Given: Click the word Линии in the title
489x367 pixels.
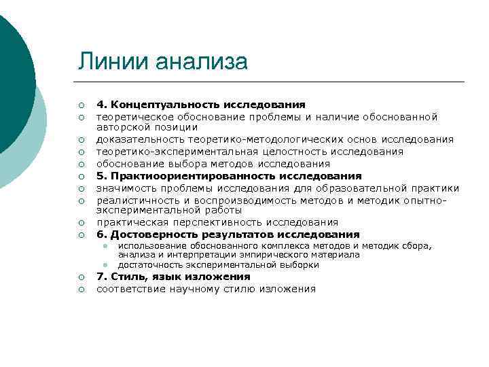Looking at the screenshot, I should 113,62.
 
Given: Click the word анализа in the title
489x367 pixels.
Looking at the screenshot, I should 201,62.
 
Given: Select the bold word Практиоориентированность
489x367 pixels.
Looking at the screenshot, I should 183,175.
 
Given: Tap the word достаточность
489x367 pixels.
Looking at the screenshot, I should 151,264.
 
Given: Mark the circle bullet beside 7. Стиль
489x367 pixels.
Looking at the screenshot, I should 80,277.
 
